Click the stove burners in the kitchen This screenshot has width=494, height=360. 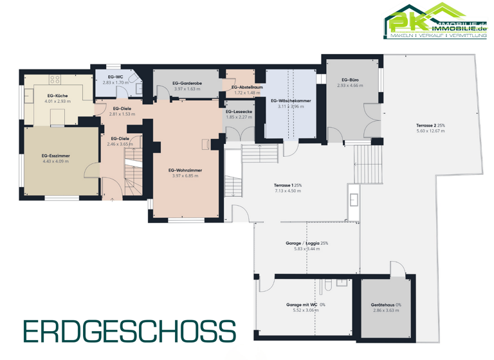coord(55,80)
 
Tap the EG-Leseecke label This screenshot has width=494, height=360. coord(239,112)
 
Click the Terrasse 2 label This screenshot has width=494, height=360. coord(430,125)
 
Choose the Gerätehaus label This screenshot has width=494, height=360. coord(385,305)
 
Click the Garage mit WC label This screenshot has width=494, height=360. coord(302,305)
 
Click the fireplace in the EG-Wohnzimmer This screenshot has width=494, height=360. coord(205,144)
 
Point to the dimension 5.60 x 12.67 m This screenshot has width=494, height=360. coord(430,131)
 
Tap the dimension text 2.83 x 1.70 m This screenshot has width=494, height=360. coord(116,83)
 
